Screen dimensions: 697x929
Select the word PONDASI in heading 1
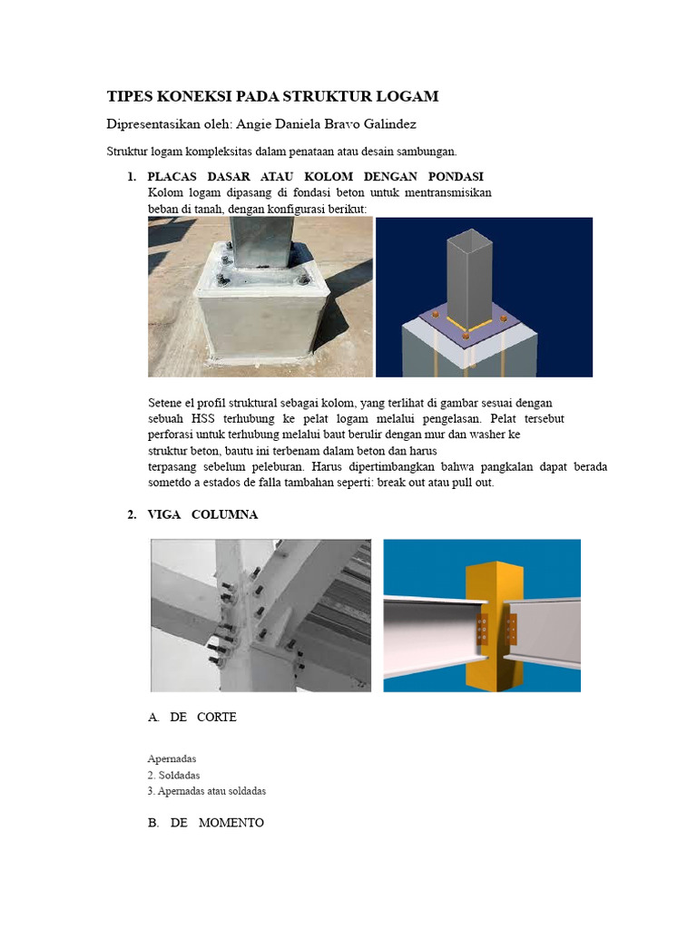(x=456, y=177)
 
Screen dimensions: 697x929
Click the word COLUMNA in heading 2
(x=225, y=515)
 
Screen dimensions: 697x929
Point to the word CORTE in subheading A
(x=217, y=718)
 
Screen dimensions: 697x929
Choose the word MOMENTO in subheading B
(x=231, y=823)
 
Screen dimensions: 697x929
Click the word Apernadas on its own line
(x=172, y=759)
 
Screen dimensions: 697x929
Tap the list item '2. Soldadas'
(x=173, y=776)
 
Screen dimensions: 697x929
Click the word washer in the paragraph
(x=487, y=435)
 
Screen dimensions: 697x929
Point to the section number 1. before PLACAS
(x=132, y=177)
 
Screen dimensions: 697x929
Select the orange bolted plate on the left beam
(x=483, y=630)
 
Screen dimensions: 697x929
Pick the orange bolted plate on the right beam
(x=511, y=630)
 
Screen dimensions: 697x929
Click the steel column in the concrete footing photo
(x=261, y=242)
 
